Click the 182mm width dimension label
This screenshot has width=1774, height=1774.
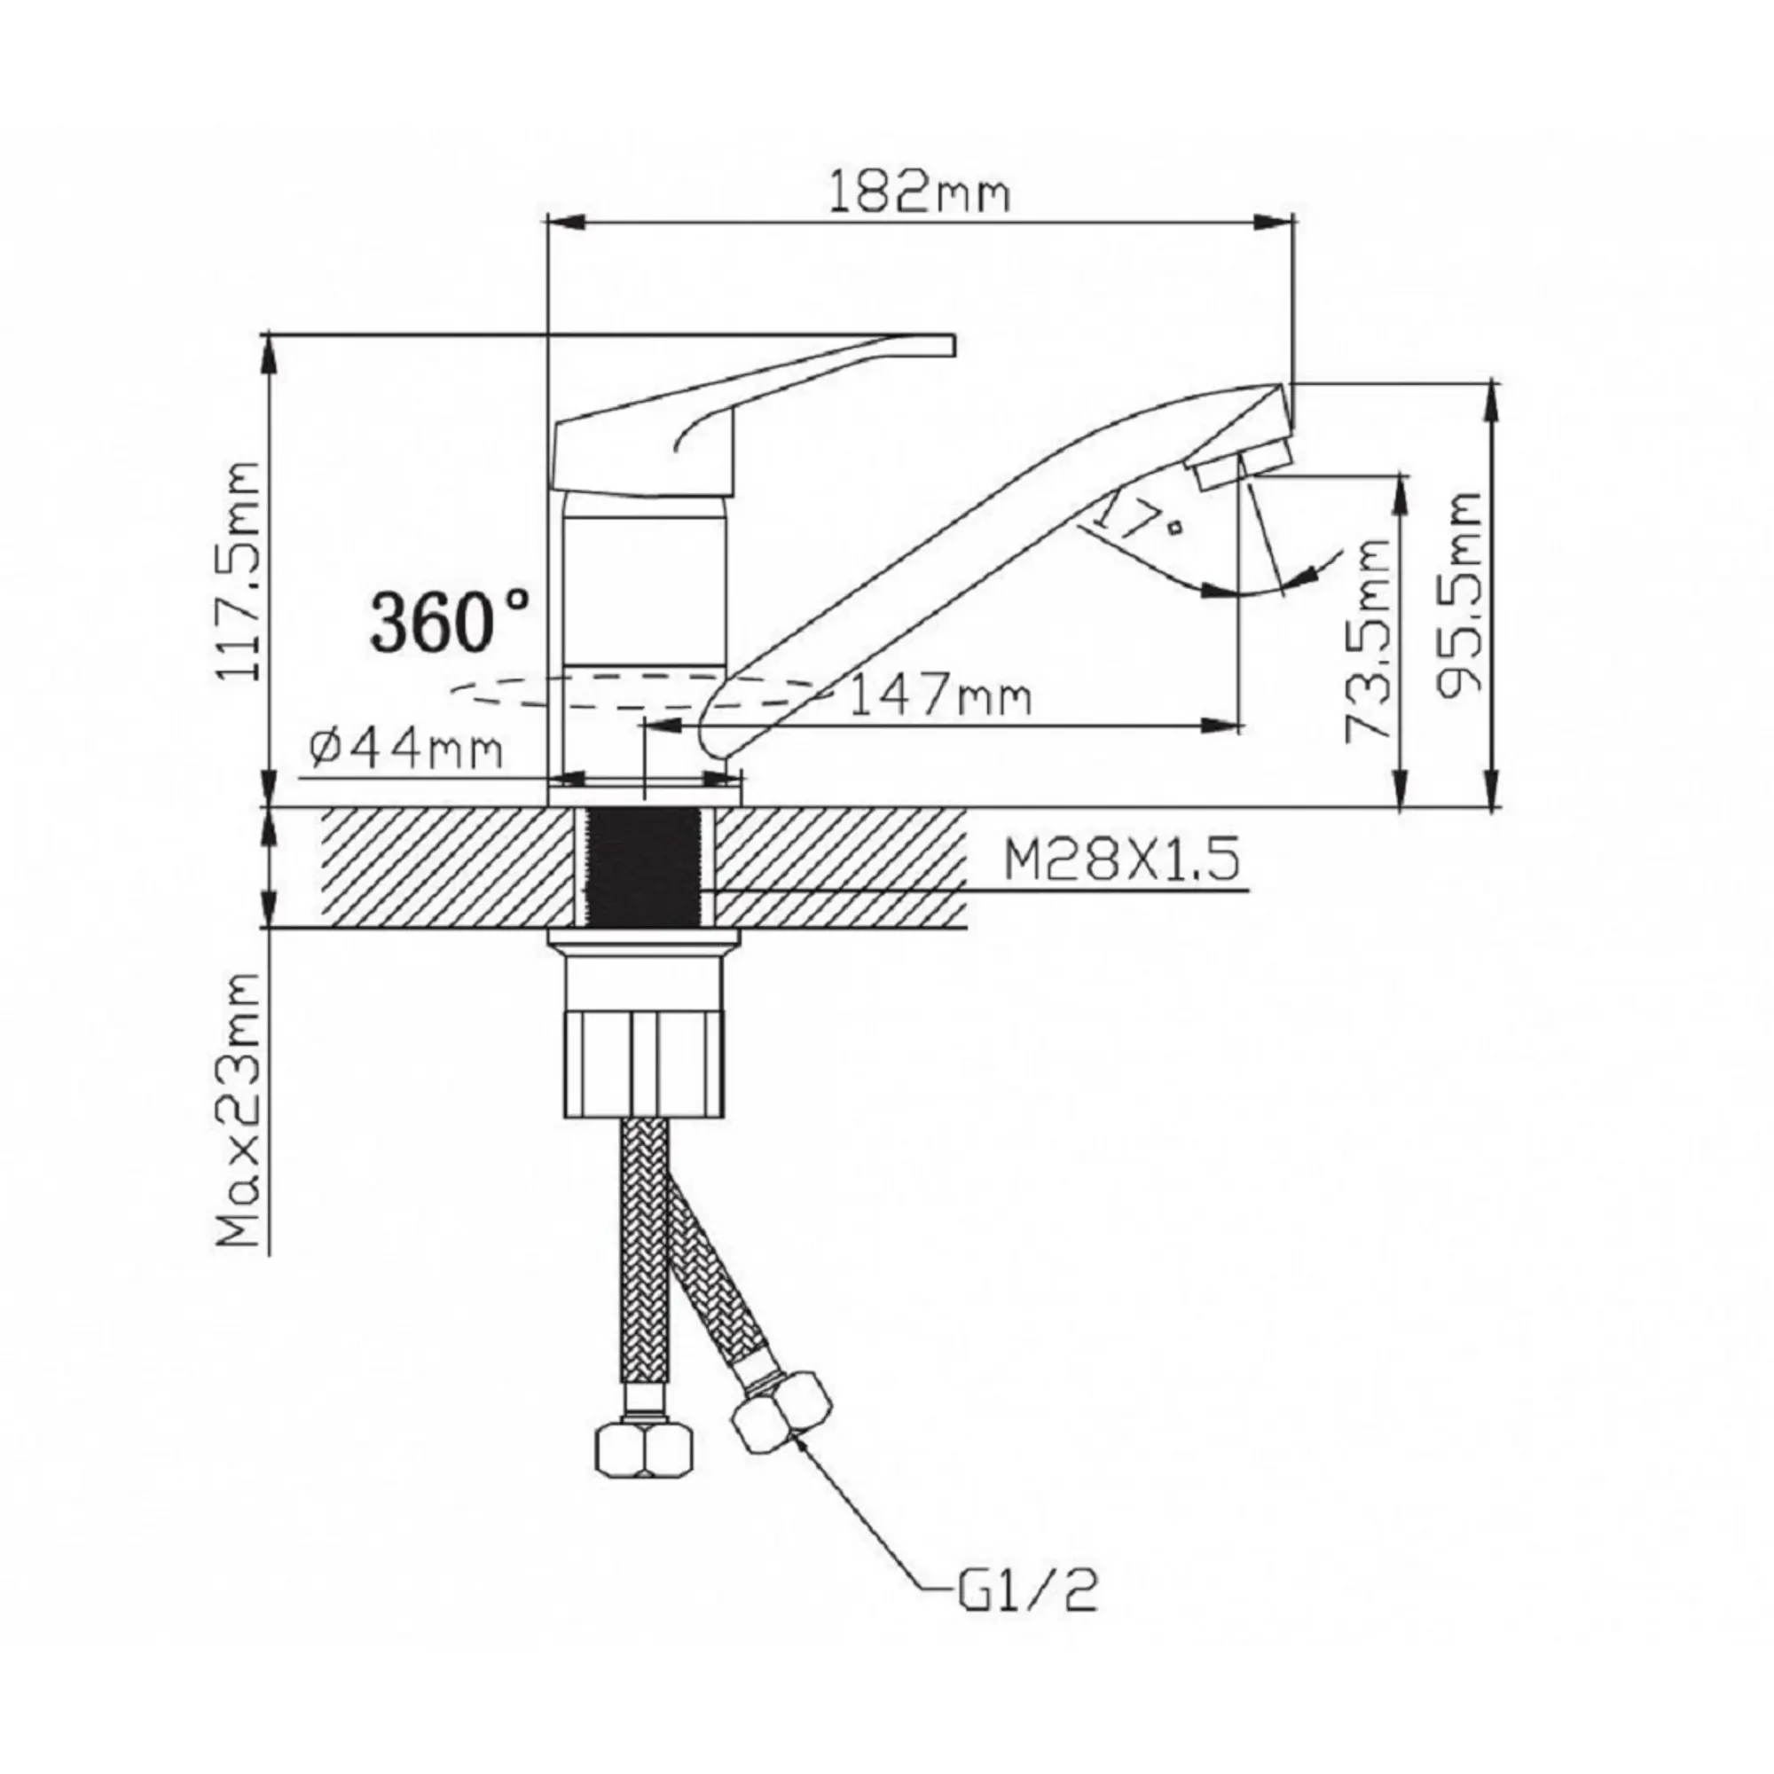pyautogui.click(x=918, y=193)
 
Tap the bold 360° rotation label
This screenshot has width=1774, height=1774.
pyautogui.click(x=449, y=621)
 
